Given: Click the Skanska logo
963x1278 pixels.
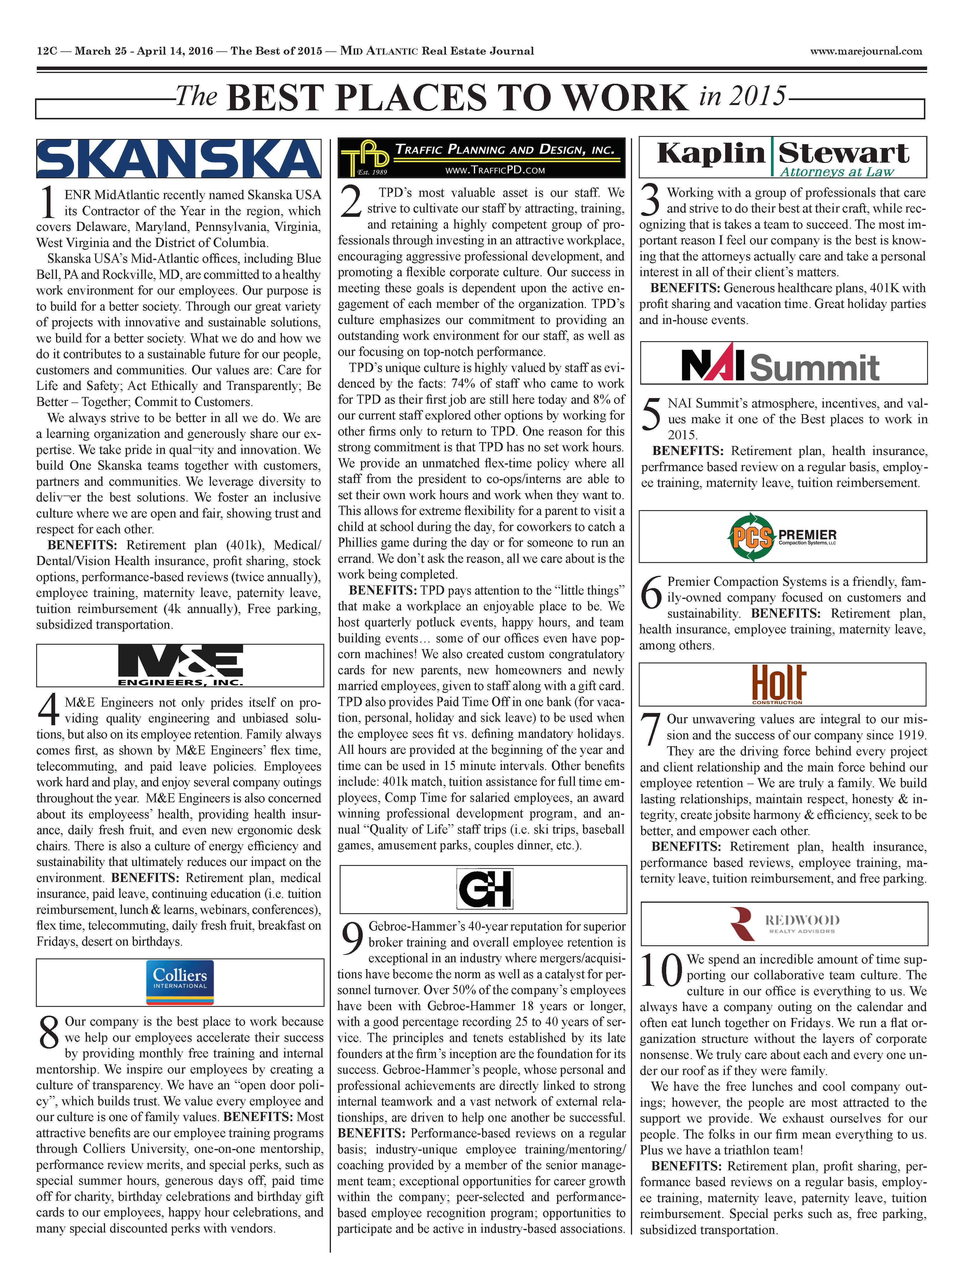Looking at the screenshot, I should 179,158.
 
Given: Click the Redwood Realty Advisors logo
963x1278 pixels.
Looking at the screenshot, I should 784,923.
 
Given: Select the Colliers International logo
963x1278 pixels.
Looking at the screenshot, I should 180,982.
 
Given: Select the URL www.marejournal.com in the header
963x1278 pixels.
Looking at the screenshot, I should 866,51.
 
